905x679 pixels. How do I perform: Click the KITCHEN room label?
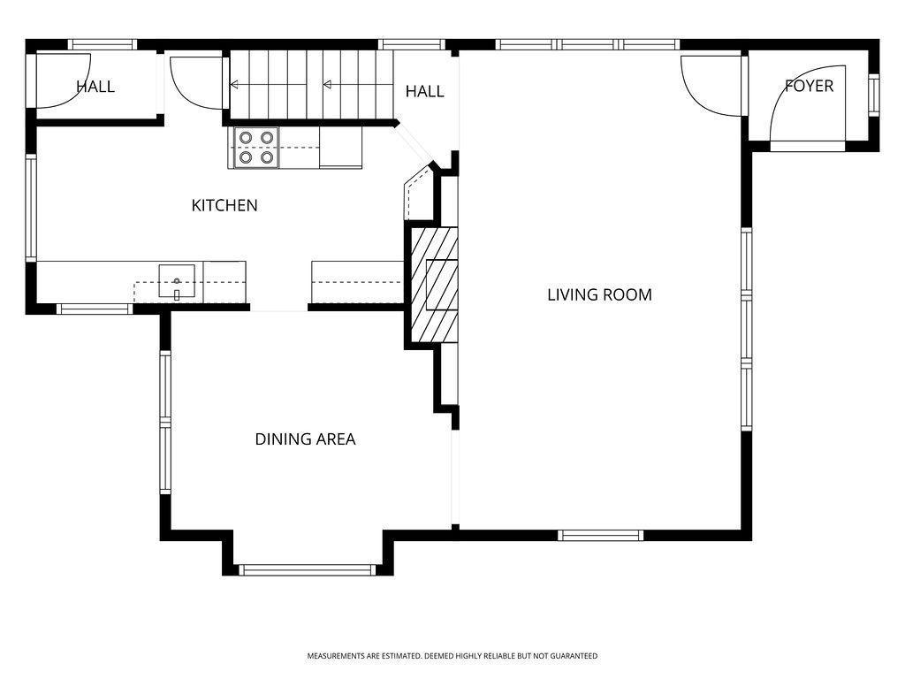coord(224,205)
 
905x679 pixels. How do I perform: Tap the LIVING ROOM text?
coord(599,294)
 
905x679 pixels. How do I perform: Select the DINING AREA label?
coord(305,439)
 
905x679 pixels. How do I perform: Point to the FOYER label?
coord(809,86)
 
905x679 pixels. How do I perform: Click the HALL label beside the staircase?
coord(424,91)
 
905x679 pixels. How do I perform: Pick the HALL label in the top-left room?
coord(95,87)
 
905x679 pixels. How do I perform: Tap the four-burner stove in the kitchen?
coord(255,148)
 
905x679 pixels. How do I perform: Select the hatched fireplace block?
coord(434,285)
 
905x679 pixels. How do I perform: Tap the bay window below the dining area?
coord(308,570)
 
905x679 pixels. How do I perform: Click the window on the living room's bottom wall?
coord(601,535)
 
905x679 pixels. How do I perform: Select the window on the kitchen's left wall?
coord(30,208)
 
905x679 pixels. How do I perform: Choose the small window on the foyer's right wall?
coord(874,94)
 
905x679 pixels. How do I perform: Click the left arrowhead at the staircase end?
coord(235,85)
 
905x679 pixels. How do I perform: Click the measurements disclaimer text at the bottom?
coord(452,656)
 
